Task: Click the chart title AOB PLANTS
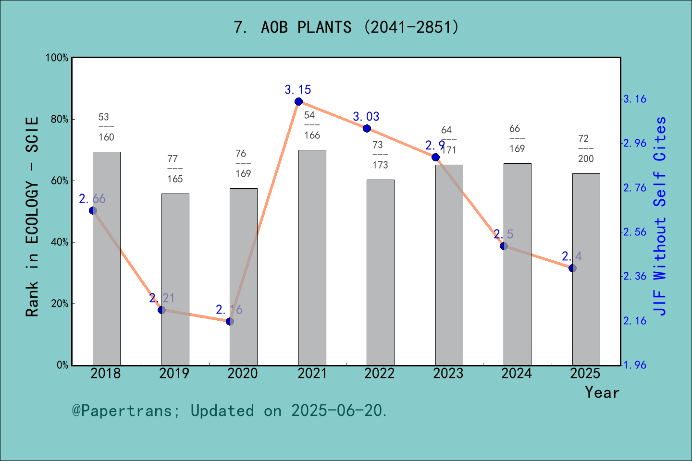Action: (346, 27)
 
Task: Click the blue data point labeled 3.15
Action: (298, 101)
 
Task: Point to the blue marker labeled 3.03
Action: (367, 128)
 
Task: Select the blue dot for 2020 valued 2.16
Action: (230, 321)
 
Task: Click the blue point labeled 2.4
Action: (572, 268)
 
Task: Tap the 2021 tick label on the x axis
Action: (312, 373)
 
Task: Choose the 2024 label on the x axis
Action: (517, 373)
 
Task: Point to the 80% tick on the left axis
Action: (60, 120)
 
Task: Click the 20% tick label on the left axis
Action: (60, 304)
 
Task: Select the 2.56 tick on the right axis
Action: (634, 232)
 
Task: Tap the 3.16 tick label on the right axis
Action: (634, 99)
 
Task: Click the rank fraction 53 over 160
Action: (106, 127)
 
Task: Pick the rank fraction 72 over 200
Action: (586, 148)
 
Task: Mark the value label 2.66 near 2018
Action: (92, 199)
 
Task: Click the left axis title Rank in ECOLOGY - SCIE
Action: (32, 217)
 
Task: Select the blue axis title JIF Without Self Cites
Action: (660, 216)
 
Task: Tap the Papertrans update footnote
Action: (229, 411)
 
